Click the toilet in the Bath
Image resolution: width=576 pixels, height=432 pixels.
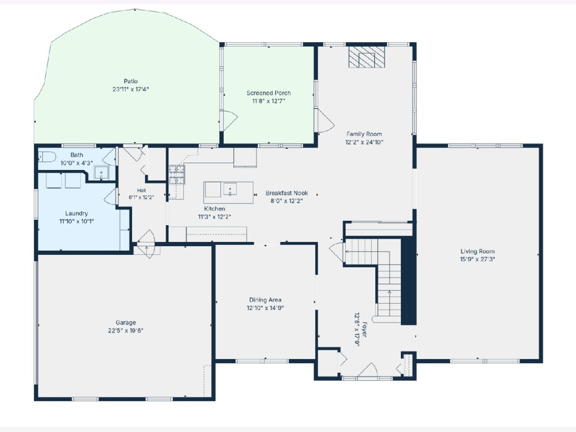[x=47, y=157]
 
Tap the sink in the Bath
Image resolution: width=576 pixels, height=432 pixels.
[x=101, y=172]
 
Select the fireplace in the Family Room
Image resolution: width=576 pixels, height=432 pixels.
[x=367, y=57]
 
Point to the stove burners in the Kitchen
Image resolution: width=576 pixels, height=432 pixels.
[x=177, y=174]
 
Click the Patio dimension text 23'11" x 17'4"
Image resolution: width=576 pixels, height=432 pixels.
[x=131, y=89]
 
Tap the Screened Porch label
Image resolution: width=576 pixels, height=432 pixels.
[x=269, y=93]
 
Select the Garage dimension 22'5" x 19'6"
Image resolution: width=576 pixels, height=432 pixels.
[x=126, y=330]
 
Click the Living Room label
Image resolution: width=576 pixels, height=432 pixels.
[x=478, y=251]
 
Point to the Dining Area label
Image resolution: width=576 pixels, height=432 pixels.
[x=265, y=300]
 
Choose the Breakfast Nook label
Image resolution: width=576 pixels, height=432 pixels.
[x=287, y=193]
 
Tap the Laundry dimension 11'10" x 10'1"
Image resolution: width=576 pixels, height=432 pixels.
[x=76, y=221]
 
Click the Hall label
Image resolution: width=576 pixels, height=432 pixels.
[x=142, y=191]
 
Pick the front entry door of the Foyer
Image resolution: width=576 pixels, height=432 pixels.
[x=368, y=371]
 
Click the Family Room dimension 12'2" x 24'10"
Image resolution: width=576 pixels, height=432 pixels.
[x=364, y=142]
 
